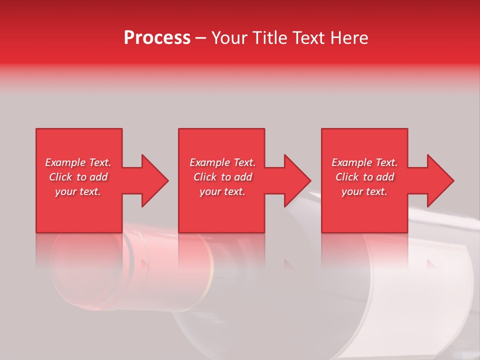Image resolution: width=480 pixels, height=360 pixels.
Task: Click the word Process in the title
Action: (x=157, y=38)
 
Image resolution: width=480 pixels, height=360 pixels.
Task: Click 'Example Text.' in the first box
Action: (x=78, y=162)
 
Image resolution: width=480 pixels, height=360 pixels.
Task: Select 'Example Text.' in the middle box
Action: (x=222, y=162)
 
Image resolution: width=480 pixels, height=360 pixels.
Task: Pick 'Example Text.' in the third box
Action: (x=364, y=162)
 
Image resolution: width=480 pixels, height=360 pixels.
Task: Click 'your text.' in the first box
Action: (x=78, y=191)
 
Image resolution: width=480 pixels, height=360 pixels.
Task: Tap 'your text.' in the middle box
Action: (x=222, y=191)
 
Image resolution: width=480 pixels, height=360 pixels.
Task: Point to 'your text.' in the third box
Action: (x=364, y=191)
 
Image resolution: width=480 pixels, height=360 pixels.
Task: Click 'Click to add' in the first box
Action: (x=78, y=177)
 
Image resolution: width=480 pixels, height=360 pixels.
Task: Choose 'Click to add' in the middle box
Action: (x=222, y=177)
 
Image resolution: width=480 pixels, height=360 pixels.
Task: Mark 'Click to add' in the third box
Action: (x=364, y=177)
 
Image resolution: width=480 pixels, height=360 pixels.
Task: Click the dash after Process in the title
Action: (x=200, y=38)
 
